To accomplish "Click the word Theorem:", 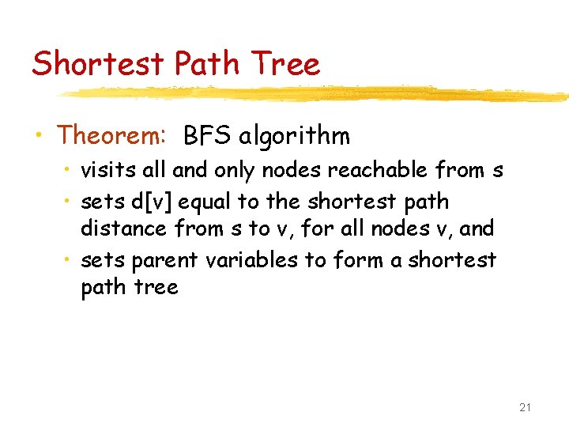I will [x=111, y=136].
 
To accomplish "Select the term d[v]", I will [x=153, y=202].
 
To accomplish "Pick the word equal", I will [x=205, y=202].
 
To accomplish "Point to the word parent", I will [x=164, y=259].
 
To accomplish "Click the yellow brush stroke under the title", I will [x=316, y=94].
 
